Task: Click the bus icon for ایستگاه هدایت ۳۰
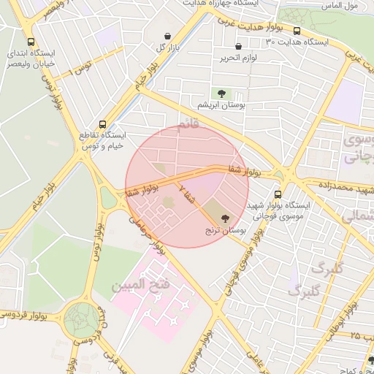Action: click(x=297, y=31)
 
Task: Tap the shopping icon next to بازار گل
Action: click(x=168, y=36)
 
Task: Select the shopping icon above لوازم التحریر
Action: click(x=238, y=47)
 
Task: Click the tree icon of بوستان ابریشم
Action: click(x=220, y=93)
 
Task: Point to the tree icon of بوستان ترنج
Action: click(x=224, y=218)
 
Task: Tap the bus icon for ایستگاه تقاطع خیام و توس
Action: click(x=102, y=124)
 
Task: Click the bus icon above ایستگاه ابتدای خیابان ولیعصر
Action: click(x=30, y=42)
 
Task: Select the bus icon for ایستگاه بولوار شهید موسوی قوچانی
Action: click(x=278, y=194)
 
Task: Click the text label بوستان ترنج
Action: click(x=225, y=230)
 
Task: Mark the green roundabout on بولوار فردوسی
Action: click(x=82, y=320)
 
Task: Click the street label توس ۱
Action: click(x=80, y=71)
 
